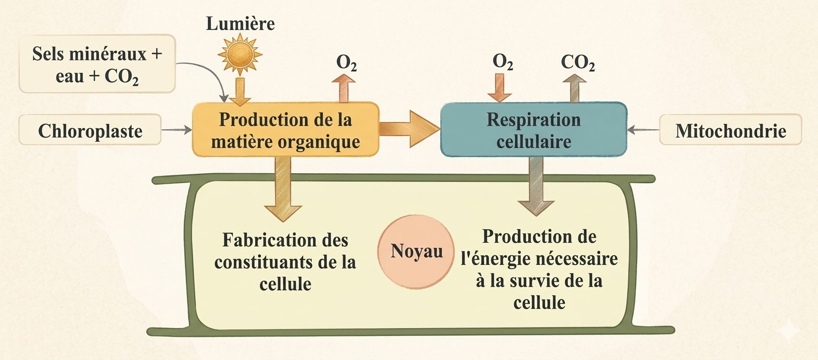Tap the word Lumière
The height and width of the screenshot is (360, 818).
click(x=240, y=24)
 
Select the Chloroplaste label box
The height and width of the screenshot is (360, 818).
click(x=89, y=130)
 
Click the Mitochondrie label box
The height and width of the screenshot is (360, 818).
click(x=730, y=130)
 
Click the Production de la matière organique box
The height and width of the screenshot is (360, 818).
click(x=286, y=129)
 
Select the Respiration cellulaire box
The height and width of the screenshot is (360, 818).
click(x=533, y=129)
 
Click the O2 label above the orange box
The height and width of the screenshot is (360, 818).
click(x=346, y=63)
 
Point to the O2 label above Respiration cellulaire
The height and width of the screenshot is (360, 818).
click(x=503, y=63)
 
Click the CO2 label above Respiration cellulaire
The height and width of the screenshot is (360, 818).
click(x=577, y=63)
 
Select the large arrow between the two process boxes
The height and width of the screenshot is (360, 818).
click(x=408, y=129)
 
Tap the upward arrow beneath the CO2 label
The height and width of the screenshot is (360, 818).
click(x=575, y=88)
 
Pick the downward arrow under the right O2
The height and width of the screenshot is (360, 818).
click(x=499, y=88)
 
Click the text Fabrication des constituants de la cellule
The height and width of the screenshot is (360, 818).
click(x=285, y=262)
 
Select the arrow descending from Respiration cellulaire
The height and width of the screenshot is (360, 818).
click(x=535, y=186)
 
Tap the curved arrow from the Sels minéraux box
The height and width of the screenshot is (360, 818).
click(x=207, y=73)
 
